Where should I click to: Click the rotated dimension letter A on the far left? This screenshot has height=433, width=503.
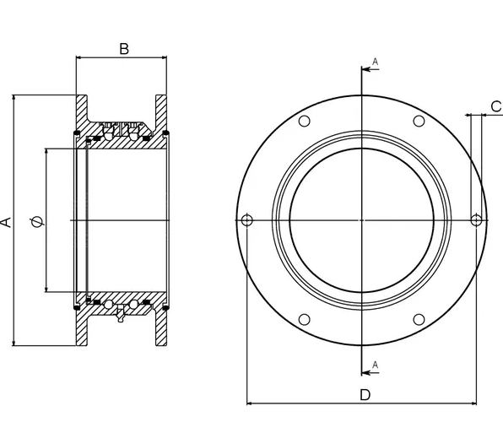[x=6, y=221]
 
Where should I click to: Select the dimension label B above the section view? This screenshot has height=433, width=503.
[x=123, y=48]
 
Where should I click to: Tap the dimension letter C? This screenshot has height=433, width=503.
[x=495, y=105]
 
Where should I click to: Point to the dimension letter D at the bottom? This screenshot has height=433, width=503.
[x=365, y=395]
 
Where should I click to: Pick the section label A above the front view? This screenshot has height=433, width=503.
[x=374, y=62]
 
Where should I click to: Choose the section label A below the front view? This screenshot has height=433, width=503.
[x=374, y=364]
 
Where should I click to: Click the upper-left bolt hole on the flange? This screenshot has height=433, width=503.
[x=305, y=122]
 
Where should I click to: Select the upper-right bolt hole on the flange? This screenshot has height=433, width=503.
[x=419, y=122]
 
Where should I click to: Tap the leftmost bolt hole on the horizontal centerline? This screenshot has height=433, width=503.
[x=246, y=220]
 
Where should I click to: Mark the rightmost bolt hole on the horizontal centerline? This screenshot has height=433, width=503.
[x=477, y=220]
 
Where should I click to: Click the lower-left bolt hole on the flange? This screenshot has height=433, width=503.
[x=305, y=320]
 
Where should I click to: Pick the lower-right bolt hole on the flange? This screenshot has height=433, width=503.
[x=419, y=320]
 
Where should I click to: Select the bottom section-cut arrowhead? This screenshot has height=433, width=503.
[x=367, y=371]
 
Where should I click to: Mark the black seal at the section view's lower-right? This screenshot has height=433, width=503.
[x=166, y=308]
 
